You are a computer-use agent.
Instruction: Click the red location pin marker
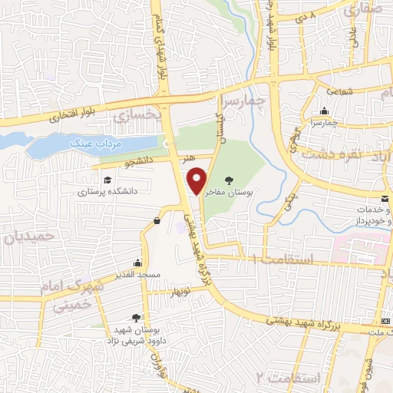(x=197, y=180)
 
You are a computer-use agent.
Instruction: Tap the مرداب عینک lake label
(x=90, y=144)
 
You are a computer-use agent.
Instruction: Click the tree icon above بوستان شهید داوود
(x=136, y=316)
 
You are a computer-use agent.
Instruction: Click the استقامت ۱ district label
(x=289, y=261)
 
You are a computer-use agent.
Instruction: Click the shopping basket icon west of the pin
(x=157, y=221)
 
